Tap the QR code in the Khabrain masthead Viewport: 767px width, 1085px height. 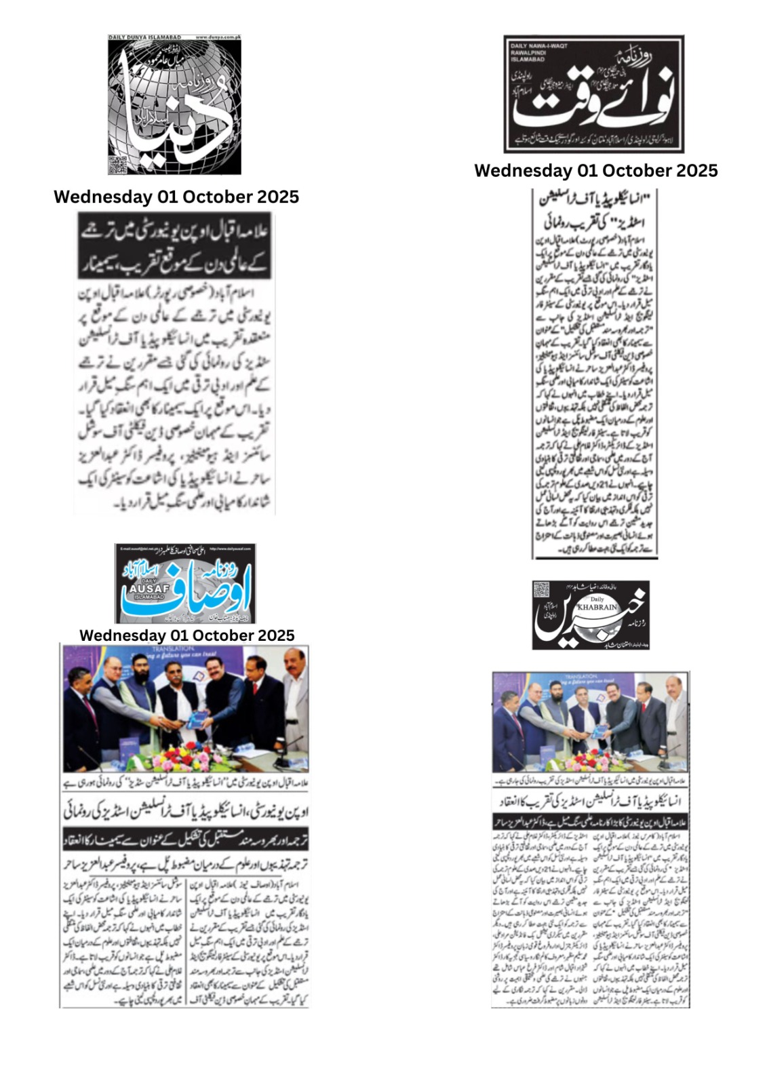pos(543,591)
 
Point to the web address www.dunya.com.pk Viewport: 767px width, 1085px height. pos(218,37)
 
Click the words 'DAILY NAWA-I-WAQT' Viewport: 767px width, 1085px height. pos(540,45)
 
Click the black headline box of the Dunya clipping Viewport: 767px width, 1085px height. pos(174,245)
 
